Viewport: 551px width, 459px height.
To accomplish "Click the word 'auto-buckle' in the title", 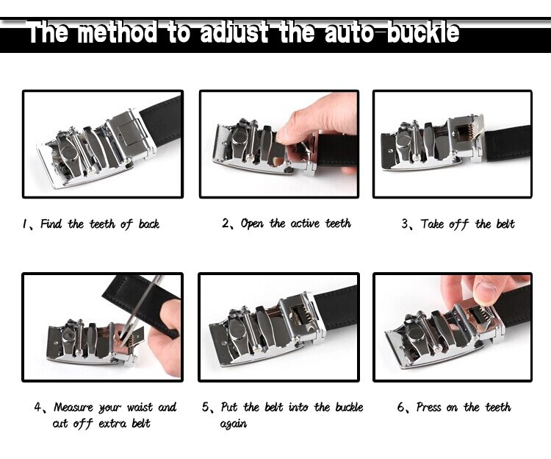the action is (392, 32).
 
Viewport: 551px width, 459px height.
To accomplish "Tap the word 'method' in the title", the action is (117, 32).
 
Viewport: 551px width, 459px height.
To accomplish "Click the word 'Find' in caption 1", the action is (51, 224).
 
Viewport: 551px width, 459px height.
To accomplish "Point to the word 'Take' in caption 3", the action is (432, 224).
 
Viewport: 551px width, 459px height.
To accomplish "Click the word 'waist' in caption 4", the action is (140, 408).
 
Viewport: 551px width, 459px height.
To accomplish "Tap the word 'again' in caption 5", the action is (234, 424).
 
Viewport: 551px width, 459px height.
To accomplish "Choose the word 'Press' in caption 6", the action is (428, 407).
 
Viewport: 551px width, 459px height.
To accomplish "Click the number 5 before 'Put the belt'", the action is (205, 408).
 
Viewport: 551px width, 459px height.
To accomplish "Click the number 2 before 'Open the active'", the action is (226, 223).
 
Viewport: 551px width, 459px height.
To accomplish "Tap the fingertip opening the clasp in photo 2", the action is (284, 135).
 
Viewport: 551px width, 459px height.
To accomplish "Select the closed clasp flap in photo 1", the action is (129, 131).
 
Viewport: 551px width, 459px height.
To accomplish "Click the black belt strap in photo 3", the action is (508, 143).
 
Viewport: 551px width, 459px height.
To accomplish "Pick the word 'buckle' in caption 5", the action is (349, 408).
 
